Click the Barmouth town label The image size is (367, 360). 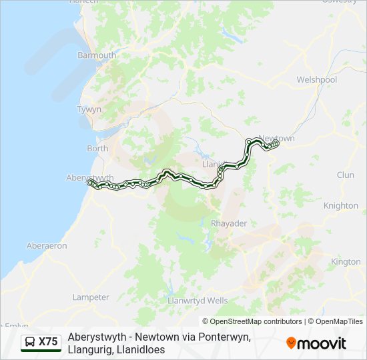[97, 55]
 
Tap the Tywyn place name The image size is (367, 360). [88, 109]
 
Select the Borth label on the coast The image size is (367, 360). [97, 149]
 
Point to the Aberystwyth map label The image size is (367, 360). [91, 177]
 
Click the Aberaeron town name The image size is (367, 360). [47, 246]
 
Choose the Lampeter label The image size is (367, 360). [91, 297]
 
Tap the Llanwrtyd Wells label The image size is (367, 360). [199, 301]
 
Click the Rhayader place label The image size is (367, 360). [229, 223]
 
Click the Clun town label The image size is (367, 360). [346, 175]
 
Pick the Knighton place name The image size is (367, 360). [341, 205]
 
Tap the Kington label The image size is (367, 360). [346, 262]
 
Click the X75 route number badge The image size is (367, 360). [48, 342]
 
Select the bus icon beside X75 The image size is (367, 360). [30, 342]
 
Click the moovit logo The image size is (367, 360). [316, 343]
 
